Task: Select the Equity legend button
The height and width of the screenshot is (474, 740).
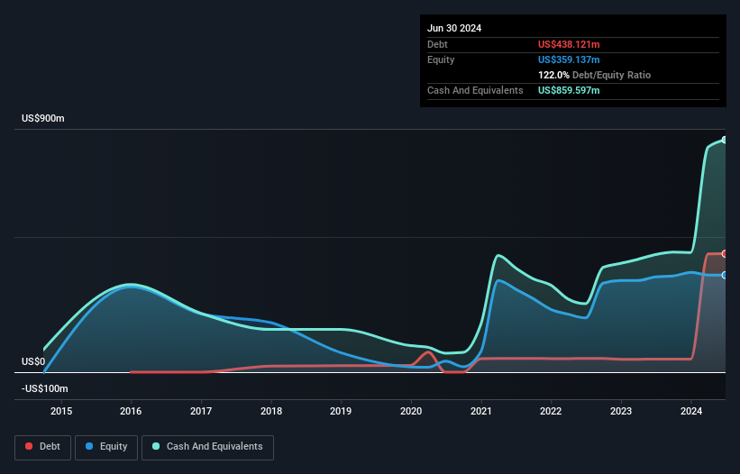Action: click(x=106, y=446)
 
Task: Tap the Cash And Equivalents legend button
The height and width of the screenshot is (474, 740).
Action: click(x=207, y=446)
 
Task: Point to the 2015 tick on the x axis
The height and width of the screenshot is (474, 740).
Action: click(x=61, y=412)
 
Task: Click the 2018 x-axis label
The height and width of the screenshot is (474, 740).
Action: click(x=271, y=412)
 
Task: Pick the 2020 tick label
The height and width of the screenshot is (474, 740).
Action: click(x=411, y=412)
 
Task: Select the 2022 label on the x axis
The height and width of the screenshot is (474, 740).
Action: click(x=551, y=412)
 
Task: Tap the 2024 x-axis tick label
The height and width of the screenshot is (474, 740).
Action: click(x=690, y=412)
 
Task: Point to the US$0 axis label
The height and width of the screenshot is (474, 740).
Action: click(x=33, y=361)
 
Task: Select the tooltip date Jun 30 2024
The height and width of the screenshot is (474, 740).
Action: click(x=454, y=28)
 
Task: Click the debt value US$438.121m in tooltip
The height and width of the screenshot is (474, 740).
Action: click(x=569, y=44)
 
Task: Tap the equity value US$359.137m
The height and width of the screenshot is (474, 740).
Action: click(x=569, y=59)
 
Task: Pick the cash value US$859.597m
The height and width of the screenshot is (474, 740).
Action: click(x=569, y=91)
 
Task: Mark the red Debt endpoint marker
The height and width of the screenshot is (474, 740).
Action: click(x=724, y=253)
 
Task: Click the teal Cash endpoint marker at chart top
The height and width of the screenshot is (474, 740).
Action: click(x=724, y=140)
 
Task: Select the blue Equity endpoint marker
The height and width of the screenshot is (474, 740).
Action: click(x=724, y=275)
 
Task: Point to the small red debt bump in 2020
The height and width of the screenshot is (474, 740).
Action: click(x=429, y=352)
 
